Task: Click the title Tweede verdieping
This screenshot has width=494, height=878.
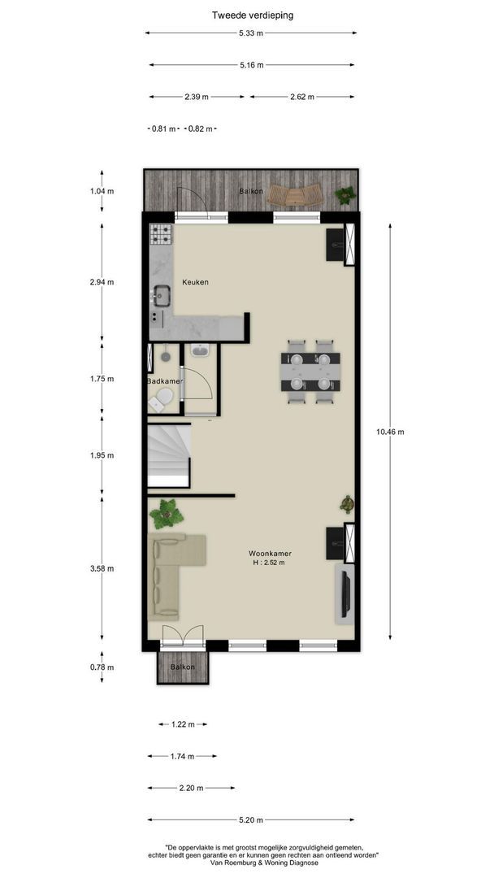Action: pyautogui.click(x=253, y=15)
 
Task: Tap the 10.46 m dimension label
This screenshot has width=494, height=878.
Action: pyautogui.click(x=391, y=432)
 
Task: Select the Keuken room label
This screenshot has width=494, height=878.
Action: pyautogui.click(x=195, y=282)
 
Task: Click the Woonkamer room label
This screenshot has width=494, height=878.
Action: pyautogui.click(x=271, y=554)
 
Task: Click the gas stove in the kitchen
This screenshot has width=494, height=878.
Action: pyautogui.click(x=161, y=234)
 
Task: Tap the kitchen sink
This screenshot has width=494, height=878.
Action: pyautogui.click(x=162, y=296)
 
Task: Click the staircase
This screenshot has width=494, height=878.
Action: pyautogui.click(x=169, y=455)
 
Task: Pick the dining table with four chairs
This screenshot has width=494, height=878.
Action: pyautogui.click(x=310, y=372)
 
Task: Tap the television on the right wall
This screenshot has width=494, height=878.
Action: pyautogui.click(x=346, y=593)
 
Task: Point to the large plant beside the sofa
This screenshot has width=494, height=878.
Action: pyautogui.click(x=167, y=514)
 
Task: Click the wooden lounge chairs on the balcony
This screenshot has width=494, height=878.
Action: pyautogui.click(x=295, y=195)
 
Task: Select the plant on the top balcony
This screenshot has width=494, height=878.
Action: pyautogui.click(x=345, y=195)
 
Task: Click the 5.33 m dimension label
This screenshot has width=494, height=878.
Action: pyautogui.click(x=250, y=33)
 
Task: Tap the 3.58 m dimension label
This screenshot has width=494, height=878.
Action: pyautogui.click(x=102, y=568)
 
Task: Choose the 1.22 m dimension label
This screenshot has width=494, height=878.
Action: pyautogui.click(x=183, y=724)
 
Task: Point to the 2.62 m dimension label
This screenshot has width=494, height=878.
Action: pyautogui.click(x=302, y=97)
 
